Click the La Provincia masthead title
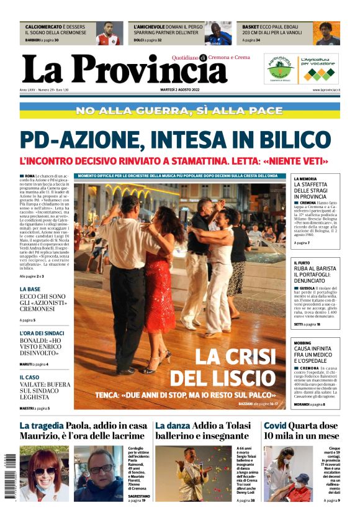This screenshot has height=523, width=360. point(124,69)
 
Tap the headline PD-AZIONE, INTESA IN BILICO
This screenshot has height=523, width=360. point(175,139)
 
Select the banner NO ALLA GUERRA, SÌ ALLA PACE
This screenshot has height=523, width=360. point(180,111)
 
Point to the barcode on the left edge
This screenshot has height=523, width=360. point(7,479)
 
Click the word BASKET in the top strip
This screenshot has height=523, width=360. point(251,27)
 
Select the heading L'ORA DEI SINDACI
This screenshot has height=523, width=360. point(41,334)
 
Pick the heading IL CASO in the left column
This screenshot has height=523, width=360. point(29,377)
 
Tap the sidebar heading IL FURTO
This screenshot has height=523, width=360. point(303,263)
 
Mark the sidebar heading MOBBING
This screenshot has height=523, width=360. point(303,343)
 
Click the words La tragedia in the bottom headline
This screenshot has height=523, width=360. point(42,425)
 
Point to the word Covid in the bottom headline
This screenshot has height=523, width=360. point(277,425)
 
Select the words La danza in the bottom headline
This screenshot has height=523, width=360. point(172,425)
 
